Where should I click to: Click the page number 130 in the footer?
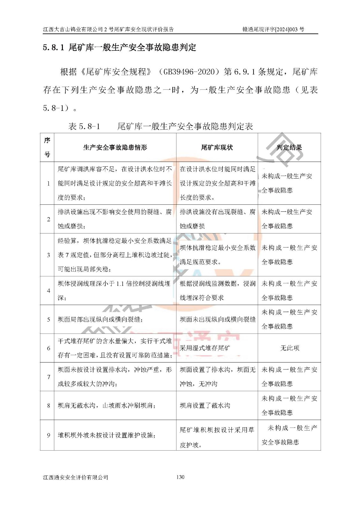pos(180,477)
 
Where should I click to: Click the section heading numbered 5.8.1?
pos(119,48)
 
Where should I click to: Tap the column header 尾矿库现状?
pos(217,148)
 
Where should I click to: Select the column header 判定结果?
pos(289,148)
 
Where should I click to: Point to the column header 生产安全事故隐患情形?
pos(115,148)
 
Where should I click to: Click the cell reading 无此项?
pos(290,348)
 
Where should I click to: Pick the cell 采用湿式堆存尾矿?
pos(205,348)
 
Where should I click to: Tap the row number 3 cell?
pos(49,255)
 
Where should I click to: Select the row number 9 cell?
pos(49,435)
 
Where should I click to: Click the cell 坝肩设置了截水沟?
pos(205,406)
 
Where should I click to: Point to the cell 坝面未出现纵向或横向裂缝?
pos(217,319)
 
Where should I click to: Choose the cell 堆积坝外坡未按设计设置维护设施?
pos(106,435)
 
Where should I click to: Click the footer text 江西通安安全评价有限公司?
pos(76,477)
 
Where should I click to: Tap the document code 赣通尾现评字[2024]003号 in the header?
pos(273,29)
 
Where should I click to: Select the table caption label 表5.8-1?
pos(84,126)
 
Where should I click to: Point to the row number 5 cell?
pos(49,319)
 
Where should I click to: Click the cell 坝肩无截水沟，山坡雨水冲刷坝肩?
pos(107,406)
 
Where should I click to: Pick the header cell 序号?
pos(47,148)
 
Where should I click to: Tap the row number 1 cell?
pos(49,183)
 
